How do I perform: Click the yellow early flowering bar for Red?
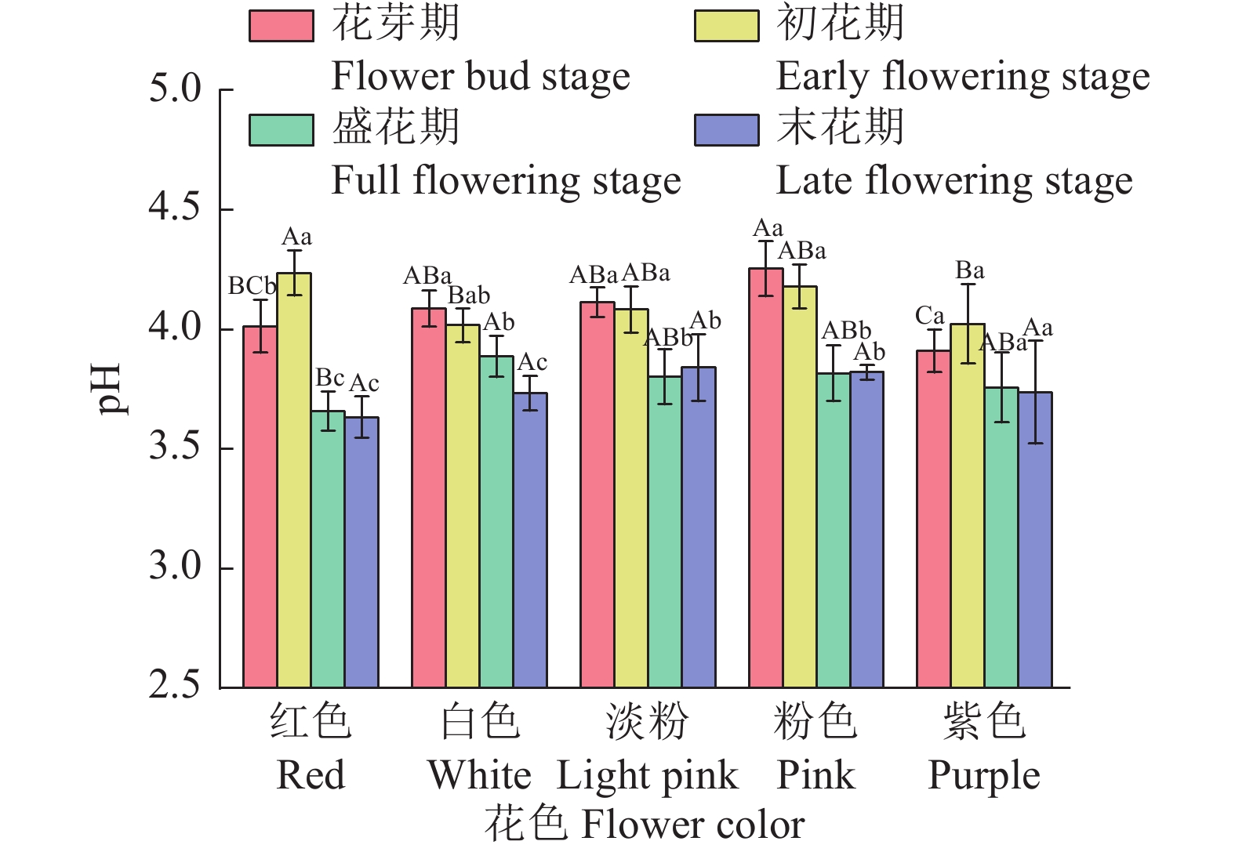(294, 480)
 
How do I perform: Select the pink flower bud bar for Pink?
(765, 478)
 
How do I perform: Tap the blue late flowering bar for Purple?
(1035, 539)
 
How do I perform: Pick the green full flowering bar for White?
(496, 521)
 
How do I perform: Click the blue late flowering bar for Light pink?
(698, 527)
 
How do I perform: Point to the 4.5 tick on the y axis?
(226, 210)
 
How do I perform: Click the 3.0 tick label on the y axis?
(174, 566)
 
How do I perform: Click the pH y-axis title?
(107, 388)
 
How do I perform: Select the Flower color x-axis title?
(645, 825)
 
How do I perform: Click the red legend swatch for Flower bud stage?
(281, 25)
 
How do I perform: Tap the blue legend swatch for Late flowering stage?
(726, 130)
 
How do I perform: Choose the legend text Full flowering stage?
(506, 180)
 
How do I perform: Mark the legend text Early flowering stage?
(962, 77)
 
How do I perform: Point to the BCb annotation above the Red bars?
(252, 287)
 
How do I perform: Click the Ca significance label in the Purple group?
(929, 316)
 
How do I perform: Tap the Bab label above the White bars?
(469, 295)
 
